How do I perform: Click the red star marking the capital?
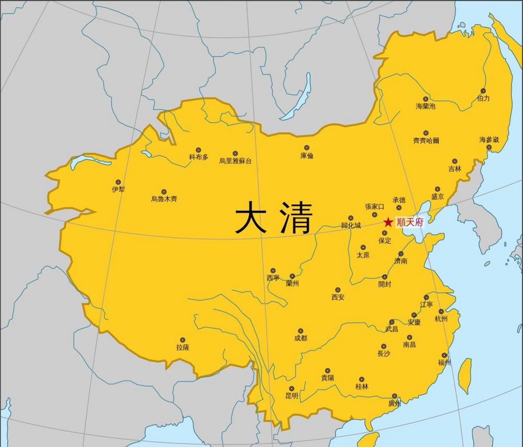click(x=388, y=222)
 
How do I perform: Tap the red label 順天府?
click(x=410, y=222)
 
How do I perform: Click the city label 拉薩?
click(x=182, y=347)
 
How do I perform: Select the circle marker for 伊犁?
click(x=118, y=182)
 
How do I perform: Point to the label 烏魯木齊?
click(x=164, y=199)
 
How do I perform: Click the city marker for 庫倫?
click(x=307, y=148)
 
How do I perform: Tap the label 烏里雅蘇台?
click(x=235, y=161)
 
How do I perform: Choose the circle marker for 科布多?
click(x=198, y=150)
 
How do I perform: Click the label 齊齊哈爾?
click(x=426, y=141)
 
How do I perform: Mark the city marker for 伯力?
click(x=483, y=91)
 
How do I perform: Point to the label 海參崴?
click(x=489, y=140)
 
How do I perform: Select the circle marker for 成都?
click(x=300, y=331)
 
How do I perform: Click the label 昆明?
click(x=292, y=396)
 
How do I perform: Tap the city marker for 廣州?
click(x=394, y=396)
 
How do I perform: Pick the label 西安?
click(x=338, y=298)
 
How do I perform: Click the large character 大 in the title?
click(x=249, y=217)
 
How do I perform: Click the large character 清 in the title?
click(x=296, y=217)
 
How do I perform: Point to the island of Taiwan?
click(x=465, y=375)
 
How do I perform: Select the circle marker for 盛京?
click(x=437, y=189)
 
